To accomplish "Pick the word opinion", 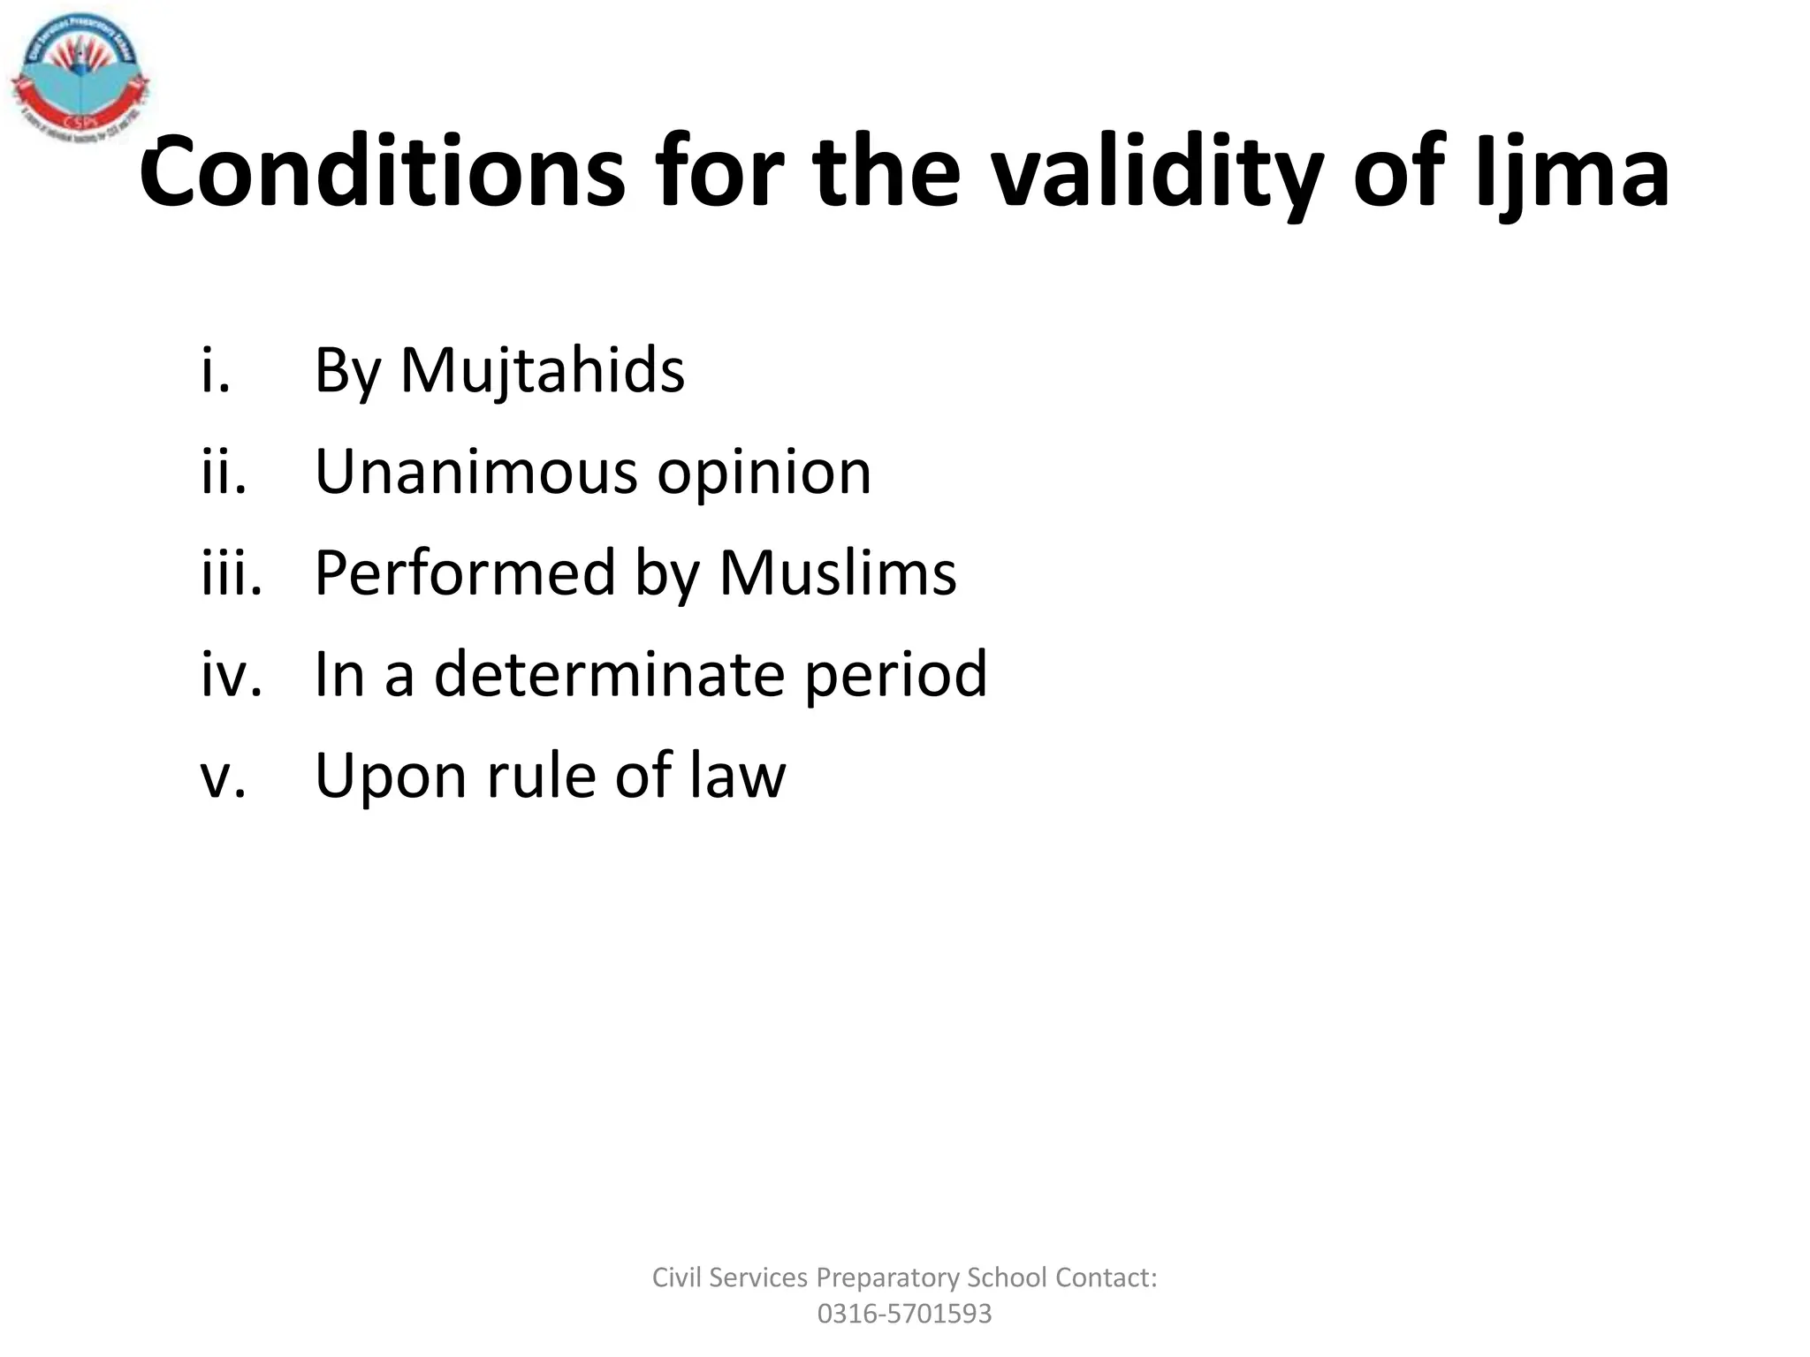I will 764,473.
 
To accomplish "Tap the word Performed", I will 465,572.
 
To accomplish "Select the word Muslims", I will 837,572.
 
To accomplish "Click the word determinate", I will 609,674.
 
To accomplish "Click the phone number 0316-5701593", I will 904,1314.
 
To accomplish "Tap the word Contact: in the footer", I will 1106,1277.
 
